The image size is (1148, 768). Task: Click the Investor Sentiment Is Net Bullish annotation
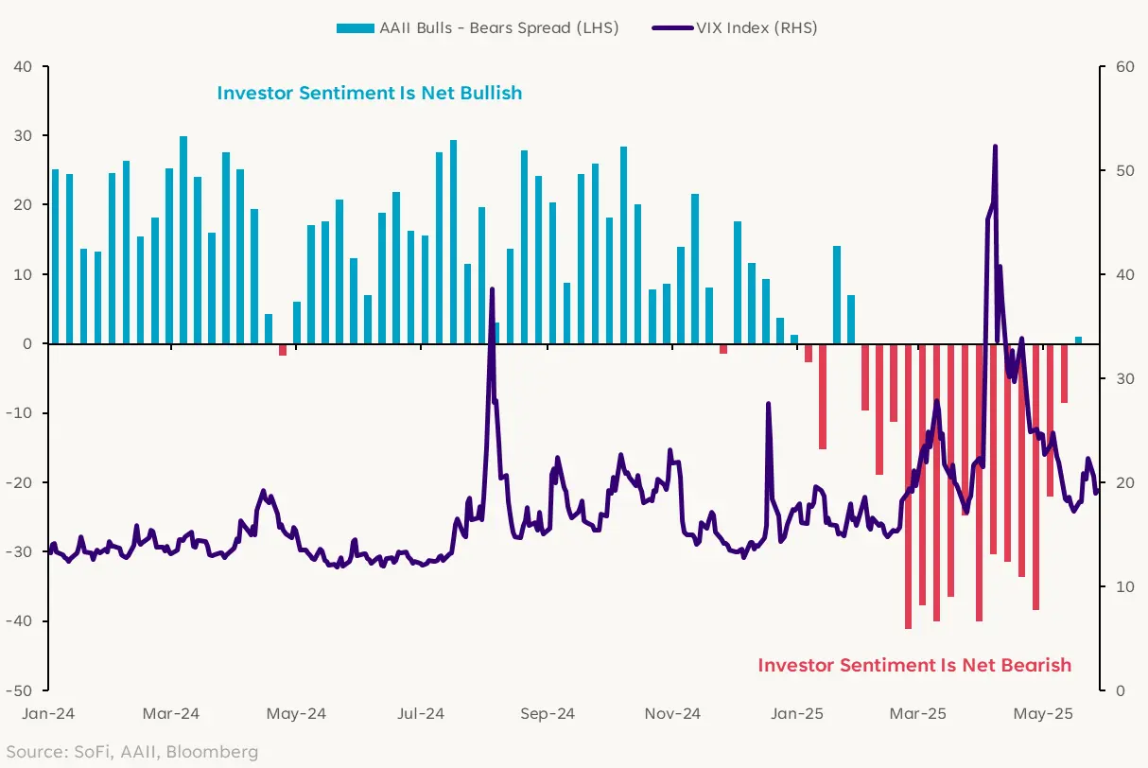pos(370,93)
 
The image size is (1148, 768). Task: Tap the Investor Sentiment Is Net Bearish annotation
pos(914,665)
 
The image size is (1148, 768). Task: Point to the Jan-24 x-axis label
pos(49,714)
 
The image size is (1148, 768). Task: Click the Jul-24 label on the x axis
pos(421,714)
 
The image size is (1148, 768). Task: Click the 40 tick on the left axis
pos(23,67)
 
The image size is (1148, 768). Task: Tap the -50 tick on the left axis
pos(21,690)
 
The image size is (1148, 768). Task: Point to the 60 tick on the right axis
pos(1123,67)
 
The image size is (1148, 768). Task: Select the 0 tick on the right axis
pos(1120,690)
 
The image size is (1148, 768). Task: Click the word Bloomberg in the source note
pos(219,752)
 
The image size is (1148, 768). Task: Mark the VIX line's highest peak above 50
pos(995,147)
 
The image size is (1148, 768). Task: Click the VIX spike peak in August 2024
pos(493,289)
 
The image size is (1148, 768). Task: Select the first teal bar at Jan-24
pos(55,255)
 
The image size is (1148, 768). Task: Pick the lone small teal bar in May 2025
pos(1078,340)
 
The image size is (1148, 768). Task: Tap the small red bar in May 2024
pos(283,350)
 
